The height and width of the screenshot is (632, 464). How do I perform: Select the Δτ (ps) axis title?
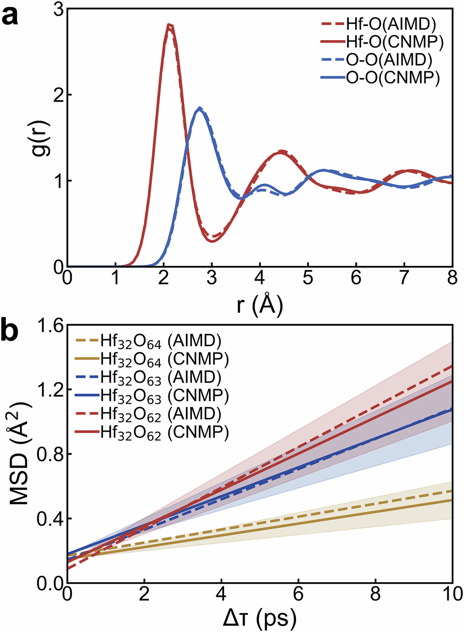click(259, 618)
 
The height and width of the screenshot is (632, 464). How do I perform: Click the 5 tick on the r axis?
click(308, 279)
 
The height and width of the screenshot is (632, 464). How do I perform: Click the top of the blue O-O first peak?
click(199, 108)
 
